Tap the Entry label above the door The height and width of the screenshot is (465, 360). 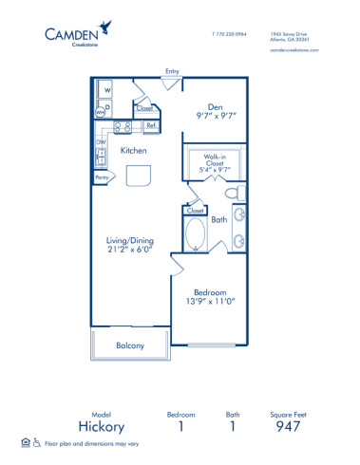172,71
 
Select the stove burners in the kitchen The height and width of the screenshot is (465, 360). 123,126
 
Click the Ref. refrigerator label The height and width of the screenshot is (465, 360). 150,125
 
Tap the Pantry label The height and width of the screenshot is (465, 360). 102,177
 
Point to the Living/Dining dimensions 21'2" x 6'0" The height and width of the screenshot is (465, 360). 131,251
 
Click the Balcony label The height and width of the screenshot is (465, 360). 130,345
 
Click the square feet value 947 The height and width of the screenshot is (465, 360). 286,425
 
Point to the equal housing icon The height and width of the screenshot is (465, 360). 24,442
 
